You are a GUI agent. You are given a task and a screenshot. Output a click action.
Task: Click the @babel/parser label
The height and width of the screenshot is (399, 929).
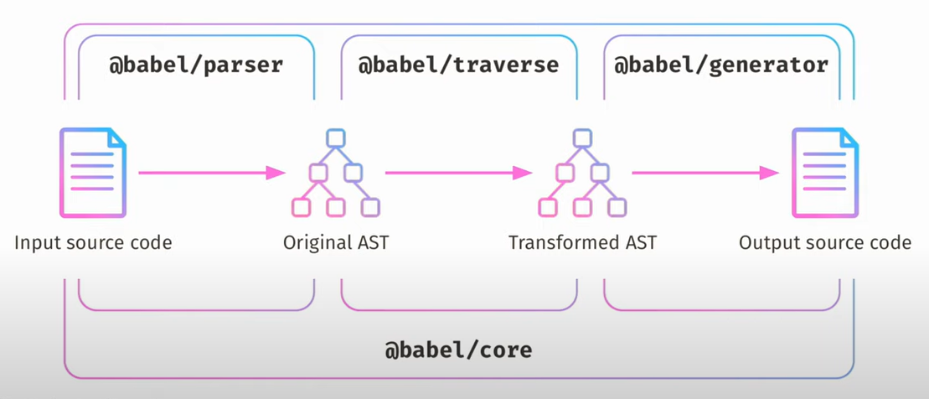click(x=196, y=65)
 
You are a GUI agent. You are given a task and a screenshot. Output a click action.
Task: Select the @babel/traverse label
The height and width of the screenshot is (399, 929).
click(x=458, y=65)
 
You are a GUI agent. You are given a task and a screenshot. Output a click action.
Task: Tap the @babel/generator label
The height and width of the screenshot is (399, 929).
click(x=721, y=65)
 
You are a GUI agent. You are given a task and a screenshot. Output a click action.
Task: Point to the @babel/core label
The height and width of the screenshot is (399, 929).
click(x=458, y=350)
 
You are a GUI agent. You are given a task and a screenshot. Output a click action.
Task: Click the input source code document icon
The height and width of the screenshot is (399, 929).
click(x=92, y=173)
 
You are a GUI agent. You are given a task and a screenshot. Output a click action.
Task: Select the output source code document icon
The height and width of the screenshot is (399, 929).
click(x=825, y=173)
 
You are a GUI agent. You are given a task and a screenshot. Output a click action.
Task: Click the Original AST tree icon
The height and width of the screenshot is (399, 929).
click(x=335, y=173)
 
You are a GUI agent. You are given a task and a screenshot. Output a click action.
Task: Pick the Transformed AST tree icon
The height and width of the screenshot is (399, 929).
click(x=582, y=173)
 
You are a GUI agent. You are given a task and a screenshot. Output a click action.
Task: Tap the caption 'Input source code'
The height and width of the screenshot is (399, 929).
click(x=92, y=243)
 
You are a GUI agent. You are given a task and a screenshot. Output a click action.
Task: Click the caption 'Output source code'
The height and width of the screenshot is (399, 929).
click(x=825, y=243)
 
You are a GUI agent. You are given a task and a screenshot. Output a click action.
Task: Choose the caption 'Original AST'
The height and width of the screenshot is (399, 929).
click(x=335, y=243)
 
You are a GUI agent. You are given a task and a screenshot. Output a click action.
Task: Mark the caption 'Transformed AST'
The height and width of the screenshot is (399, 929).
click(x=582, y=243)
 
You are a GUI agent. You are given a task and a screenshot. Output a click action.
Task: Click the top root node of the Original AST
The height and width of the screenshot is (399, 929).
click(x=336, y=138)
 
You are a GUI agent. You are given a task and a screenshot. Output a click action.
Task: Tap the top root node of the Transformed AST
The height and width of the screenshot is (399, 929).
click(x=583, y=138)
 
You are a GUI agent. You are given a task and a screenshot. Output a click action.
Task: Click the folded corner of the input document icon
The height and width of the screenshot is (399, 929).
click(x=117, y=138)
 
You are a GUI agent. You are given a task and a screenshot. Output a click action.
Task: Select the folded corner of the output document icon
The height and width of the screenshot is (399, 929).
click(x=849, y=138)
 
